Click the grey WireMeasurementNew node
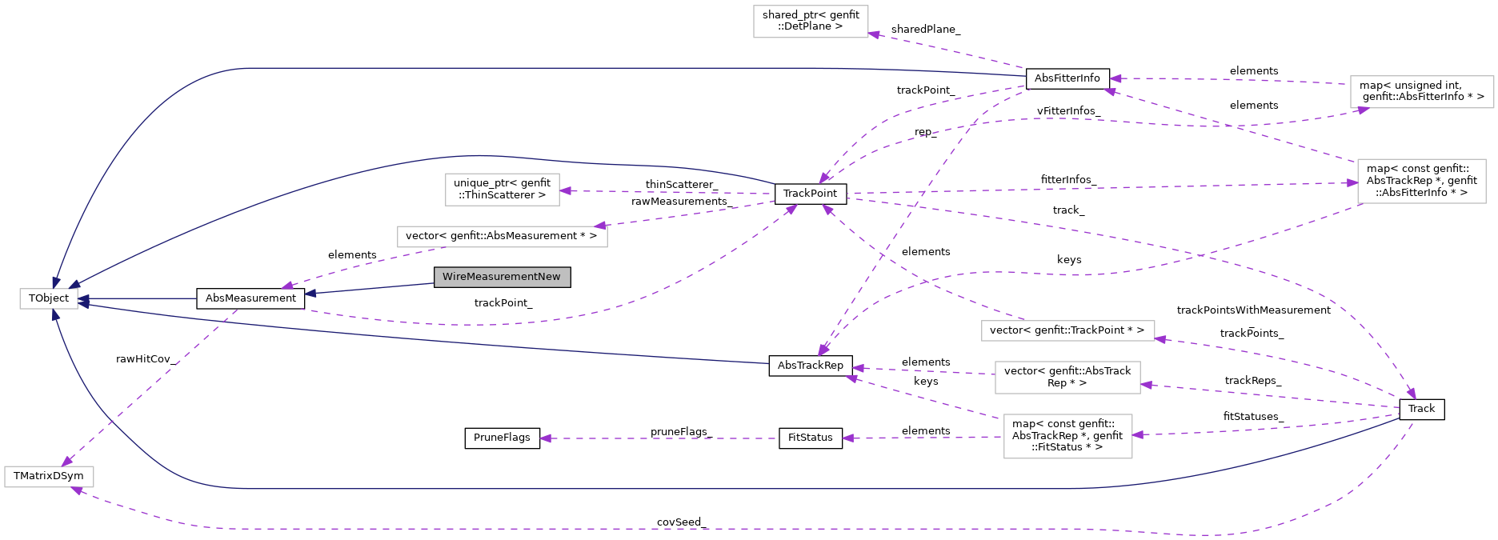(x=502, y=277)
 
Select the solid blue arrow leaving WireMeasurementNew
(x=368, y=289)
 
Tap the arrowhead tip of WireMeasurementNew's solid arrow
(x=306, y=294)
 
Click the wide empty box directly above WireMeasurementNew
(x=502, y=237)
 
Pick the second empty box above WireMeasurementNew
(x=502, y=190)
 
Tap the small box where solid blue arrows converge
(x=49, y=298)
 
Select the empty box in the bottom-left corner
(x=49, y=477)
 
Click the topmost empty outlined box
(x=811, y=22)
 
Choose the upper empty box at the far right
(x=1421, y=92)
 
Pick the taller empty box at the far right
(x=1421, y=181)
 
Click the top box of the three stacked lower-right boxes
(x=1067, y=330)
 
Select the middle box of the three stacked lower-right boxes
(x=1067, y=378)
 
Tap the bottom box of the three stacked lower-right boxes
(x=1067, y=436)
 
